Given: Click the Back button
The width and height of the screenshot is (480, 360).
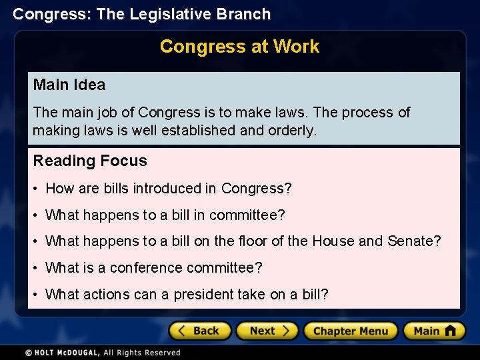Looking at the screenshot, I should click(x=199, y=331).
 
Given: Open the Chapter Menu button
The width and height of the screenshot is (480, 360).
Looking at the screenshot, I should click(x=350, y=331).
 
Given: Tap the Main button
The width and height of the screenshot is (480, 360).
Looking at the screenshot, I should click(x=433, y=331).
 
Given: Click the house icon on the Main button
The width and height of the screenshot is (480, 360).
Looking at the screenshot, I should click(x=450, y=331).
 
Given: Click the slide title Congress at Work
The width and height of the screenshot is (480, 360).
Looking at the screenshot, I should click(x=239, y=47).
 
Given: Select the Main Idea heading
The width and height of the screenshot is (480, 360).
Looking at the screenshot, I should click(x=69, y=85).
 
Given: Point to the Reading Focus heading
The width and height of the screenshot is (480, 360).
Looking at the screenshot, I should click(x=90, y=161).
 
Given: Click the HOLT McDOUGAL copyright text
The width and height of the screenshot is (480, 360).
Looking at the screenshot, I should click(x=103, y=353).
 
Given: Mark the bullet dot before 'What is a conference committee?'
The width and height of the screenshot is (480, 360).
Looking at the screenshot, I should click(x=36, y=269).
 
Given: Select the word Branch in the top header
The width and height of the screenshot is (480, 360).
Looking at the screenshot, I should click(x=247, y=14).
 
